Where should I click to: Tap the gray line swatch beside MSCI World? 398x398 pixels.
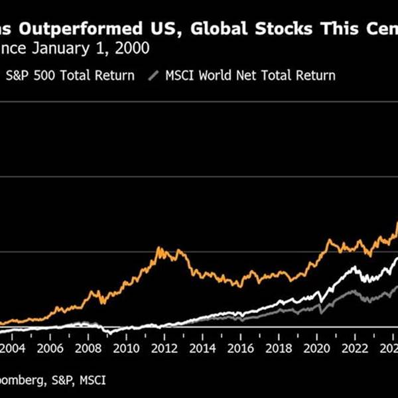coord(157,75)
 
